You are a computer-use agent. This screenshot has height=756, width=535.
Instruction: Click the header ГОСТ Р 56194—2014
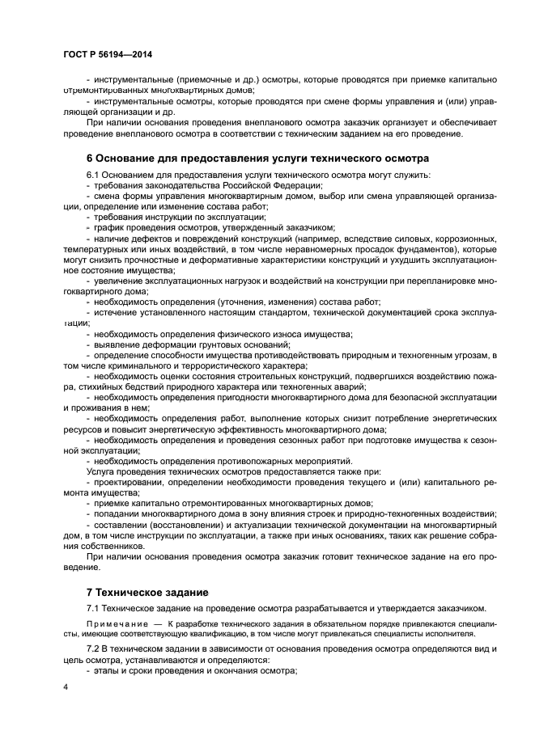(x=107, y=54)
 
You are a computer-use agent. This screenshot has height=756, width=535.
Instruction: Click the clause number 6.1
(x=95, y=175)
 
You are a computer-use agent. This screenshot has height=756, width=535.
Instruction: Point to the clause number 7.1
(x=94, y=607)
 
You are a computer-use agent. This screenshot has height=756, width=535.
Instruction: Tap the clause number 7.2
(x=94, y=649)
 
